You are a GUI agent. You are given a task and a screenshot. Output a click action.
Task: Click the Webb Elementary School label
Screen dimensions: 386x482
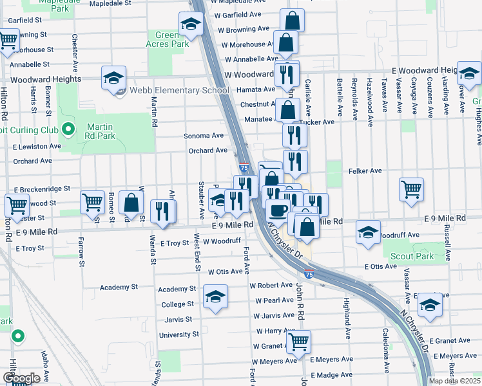(179, 90)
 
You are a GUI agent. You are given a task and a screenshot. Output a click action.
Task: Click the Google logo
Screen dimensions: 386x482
(22, 378)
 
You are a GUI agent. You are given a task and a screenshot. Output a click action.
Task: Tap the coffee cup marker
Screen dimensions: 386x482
(278, 210)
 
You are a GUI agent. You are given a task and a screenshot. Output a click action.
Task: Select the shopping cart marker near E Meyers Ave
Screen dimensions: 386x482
(298, 342)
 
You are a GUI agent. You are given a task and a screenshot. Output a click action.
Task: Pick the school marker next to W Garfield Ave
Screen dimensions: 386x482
(190, 24)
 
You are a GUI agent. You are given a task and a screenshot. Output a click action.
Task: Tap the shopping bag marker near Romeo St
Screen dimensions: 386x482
(131, 203)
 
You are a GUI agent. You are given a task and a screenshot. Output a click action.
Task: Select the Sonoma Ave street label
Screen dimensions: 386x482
(204, 136)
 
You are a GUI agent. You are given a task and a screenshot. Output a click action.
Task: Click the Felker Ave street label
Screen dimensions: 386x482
(365, 171)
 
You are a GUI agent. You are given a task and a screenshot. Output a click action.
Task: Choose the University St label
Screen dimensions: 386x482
(178, 335)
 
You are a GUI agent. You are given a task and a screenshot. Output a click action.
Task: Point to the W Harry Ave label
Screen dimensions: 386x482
(275, 331)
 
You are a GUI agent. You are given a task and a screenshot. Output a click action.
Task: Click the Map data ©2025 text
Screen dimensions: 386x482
(454, 381)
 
